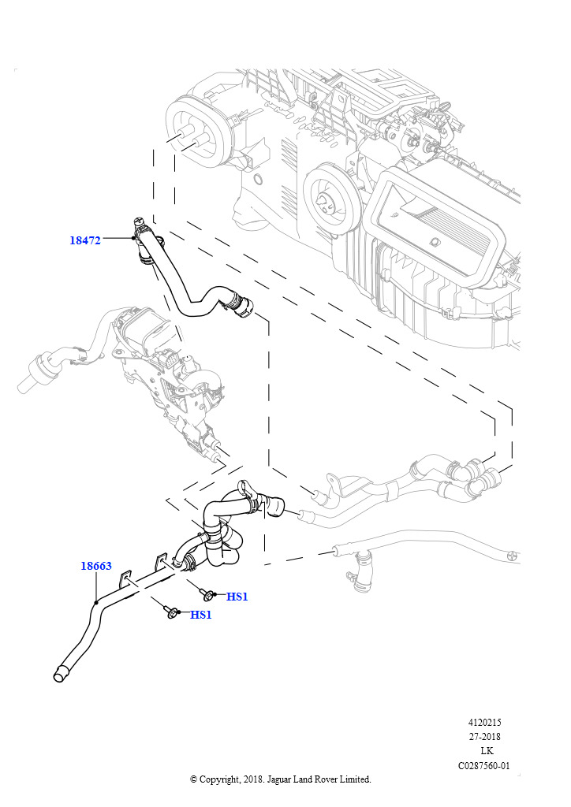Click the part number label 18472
85,240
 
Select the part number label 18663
96,566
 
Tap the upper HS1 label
237,597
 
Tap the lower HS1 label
201,615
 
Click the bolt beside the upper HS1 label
209,593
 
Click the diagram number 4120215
484,722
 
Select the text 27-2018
484,737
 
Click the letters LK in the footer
486,751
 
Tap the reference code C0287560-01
484,765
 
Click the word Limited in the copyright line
353,779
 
